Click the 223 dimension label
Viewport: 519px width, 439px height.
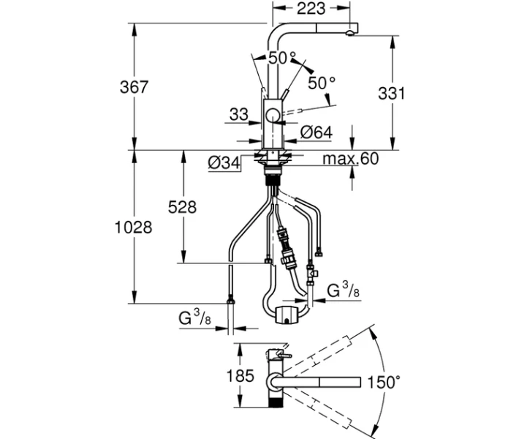tap(311, 8)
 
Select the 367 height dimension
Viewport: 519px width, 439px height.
tap(134, 87)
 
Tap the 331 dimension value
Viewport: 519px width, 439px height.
tap(391, 94)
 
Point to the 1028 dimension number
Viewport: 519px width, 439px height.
tap(133, 228)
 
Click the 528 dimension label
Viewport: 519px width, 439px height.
tap(182, 207)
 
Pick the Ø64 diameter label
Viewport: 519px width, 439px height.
tap(316, 132)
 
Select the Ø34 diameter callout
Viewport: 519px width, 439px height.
tap(224, 162)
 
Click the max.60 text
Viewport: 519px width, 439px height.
tap(351, 159)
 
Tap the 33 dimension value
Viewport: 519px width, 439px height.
tap(238, 115)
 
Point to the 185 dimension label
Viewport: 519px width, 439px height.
tap(240, 376)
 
